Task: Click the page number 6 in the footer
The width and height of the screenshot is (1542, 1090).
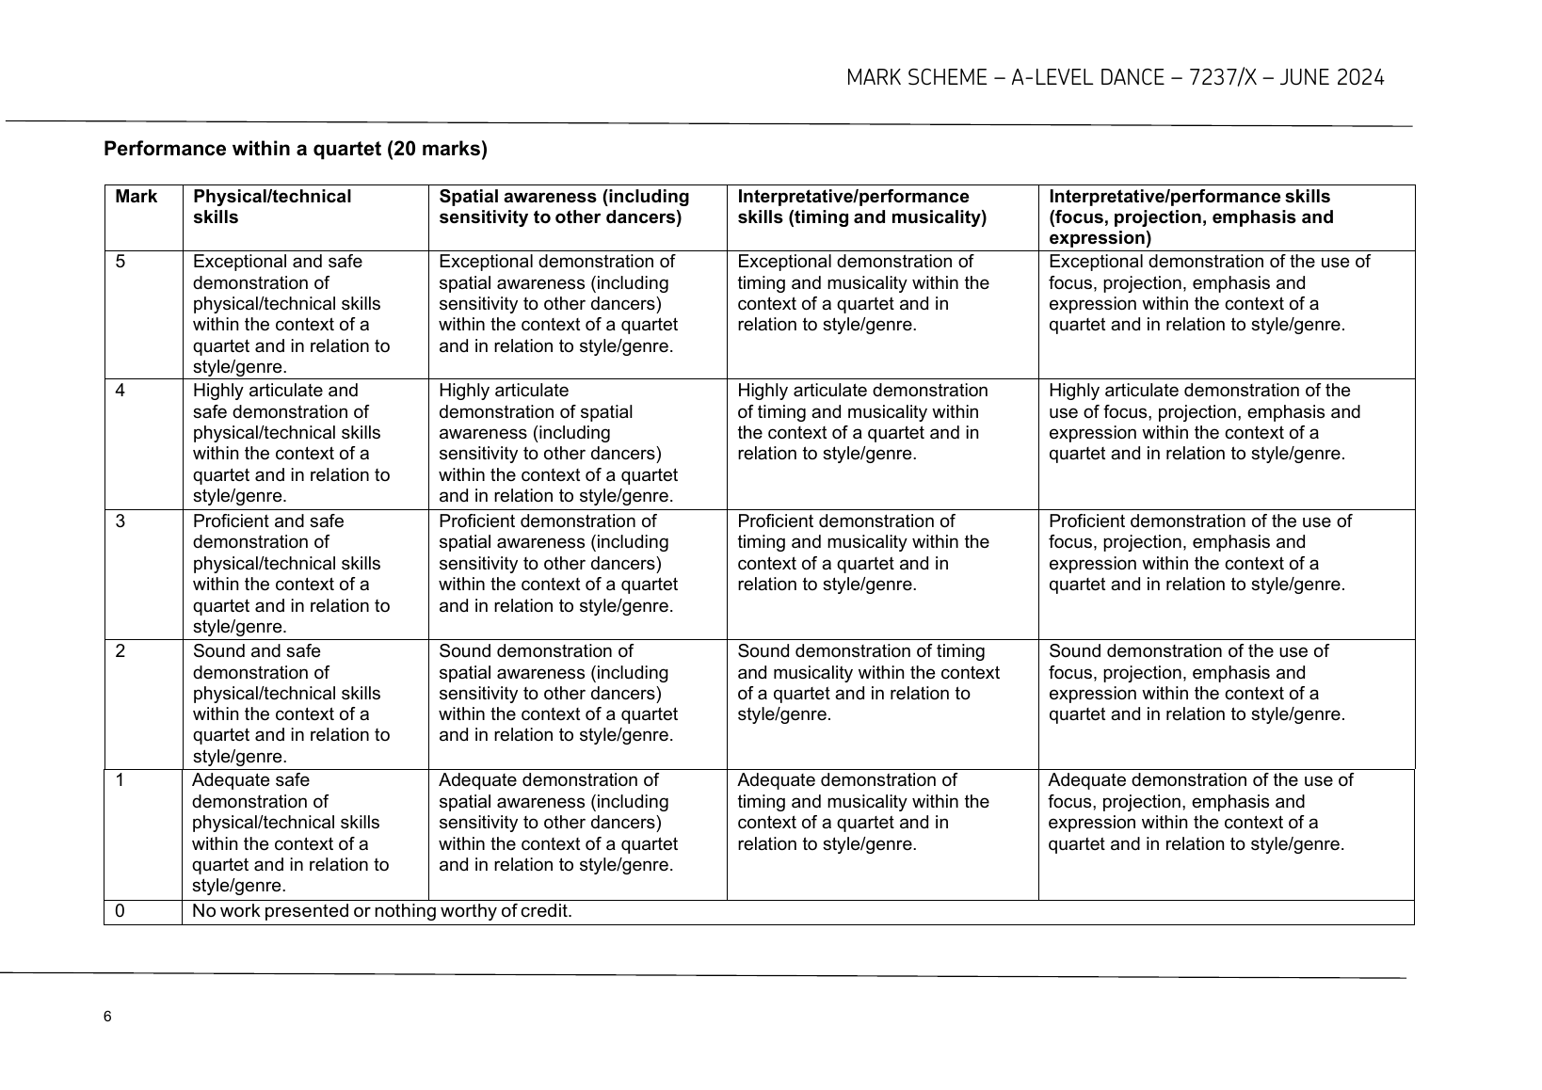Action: click(x=108, y=1017)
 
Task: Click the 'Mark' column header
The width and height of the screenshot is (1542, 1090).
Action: click(x=137, y=197)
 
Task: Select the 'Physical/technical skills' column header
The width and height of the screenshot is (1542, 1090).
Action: click(x=271, y=207)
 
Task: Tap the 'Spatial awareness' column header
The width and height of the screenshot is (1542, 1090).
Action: click(x=564, y=207)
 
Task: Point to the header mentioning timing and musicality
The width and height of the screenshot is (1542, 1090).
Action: click(x=861, y=207)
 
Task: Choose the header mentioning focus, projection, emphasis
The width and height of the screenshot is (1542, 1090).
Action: click(x=1191, y=217)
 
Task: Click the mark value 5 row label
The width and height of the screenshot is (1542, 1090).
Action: click(x=120, y=262)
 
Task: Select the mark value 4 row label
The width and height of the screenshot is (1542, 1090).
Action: click(x=120, y=391)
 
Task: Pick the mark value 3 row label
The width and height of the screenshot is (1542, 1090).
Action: click(x=120, y=521)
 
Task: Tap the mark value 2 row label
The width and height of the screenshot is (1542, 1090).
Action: click(x=120, y=651)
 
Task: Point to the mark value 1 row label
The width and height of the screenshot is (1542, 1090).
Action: click(x=120, y=780)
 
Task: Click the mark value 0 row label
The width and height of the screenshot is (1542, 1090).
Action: click(x=120, y=911)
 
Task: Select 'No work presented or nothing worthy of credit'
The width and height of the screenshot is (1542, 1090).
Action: click(x=382, y=911)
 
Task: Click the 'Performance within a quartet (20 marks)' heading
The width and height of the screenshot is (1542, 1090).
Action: click(x=296, y=149)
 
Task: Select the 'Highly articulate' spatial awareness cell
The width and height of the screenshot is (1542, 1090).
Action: click(x=557, y=443)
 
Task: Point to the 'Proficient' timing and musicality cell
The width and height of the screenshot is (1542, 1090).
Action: click(x=863, y=553)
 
